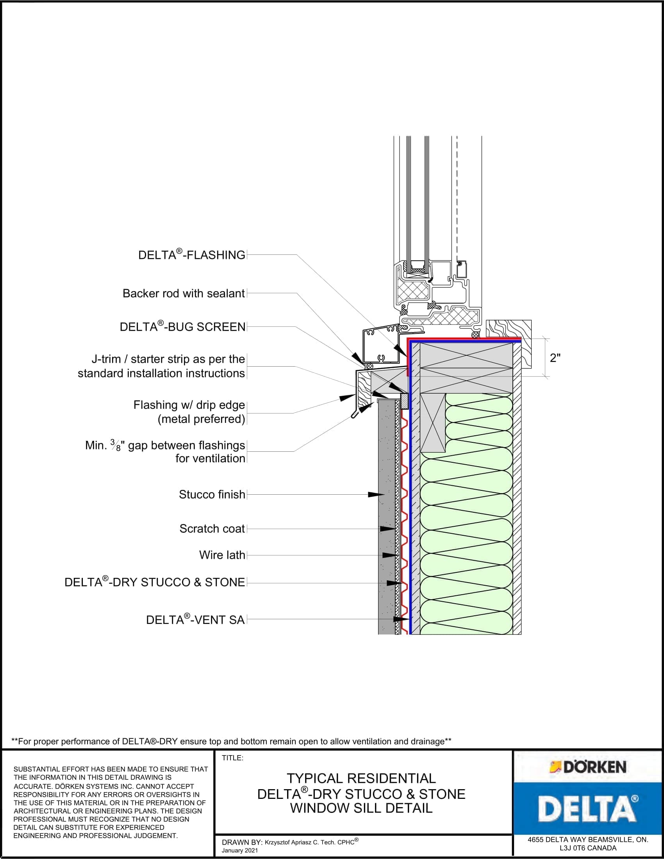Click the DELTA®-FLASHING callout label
[x=192, y=255]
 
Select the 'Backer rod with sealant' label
[x=184, y=293]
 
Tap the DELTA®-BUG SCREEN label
[x=183, y=326]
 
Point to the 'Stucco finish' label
[x=212, y=494]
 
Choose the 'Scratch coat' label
[x=212, y=529]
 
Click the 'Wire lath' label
[x=222, y=555]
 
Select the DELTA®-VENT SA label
[x=196, y=620]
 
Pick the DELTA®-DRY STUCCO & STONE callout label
[x=155, y=582]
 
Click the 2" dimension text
[x=555, y=358]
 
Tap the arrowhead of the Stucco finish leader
[x=376, y=494]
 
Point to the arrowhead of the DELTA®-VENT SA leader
[x=402, y=619]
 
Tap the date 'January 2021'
[x=240, y=850]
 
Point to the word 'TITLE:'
[x=232, y=758]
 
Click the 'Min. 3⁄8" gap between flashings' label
[x=165, y=445]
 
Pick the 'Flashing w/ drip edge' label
[x=189, y=405]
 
